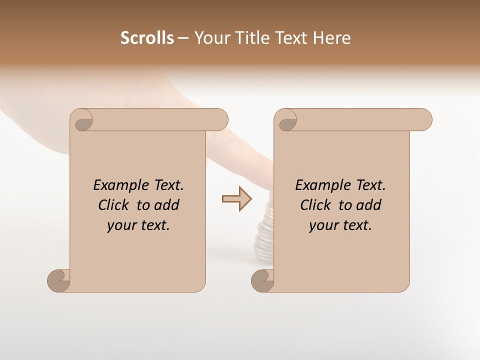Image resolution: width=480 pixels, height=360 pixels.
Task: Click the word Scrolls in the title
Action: [x=147, y=38]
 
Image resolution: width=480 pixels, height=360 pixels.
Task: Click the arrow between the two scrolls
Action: [x=236, y=199]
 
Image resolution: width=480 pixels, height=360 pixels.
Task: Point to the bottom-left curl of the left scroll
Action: [x=59, y=280]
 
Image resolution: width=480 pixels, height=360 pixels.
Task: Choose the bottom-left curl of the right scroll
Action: [x=263, y=280]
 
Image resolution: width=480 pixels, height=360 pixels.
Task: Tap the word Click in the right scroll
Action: [x=316, y=205]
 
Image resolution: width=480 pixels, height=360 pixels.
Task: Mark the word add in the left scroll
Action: [x=167, y=205]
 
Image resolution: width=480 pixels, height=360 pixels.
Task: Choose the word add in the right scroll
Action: [x=369, y=205]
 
